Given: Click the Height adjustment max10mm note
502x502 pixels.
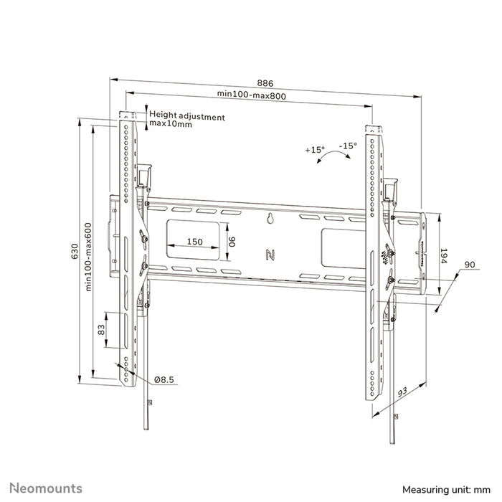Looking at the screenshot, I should click(186, 120).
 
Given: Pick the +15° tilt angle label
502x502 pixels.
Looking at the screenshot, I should click(314, 150).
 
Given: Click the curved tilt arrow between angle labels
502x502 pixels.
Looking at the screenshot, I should click(331, 158).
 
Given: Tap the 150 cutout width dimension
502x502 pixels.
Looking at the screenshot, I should click(194, 242).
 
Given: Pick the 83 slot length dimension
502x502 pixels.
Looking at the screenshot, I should click(101, 330).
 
